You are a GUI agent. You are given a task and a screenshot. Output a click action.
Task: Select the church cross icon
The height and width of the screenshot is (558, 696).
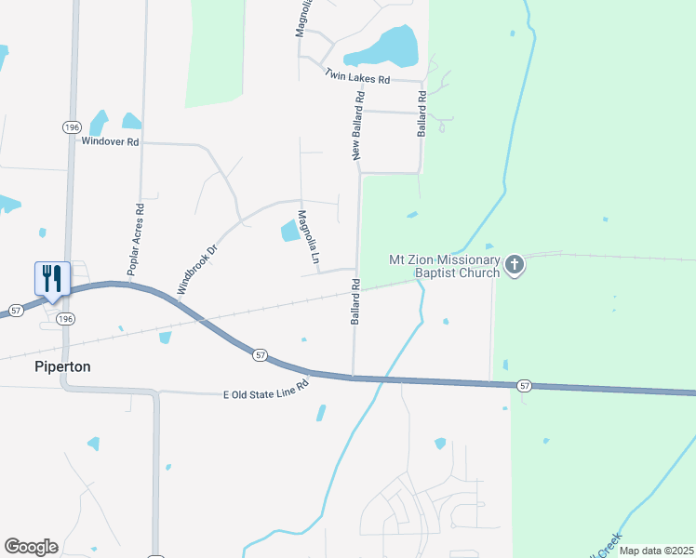point(514,267)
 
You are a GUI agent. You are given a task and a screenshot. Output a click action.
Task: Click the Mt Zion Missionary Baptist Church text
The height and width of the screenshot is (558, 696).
point(444,267)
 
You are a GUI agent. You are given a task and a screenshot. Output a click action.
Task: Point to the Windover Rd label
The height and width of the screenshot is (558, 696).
point(110,141)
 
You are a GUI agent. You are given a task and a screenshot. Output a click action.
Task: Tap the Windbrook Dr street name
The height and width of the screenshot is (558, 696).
point(196,269)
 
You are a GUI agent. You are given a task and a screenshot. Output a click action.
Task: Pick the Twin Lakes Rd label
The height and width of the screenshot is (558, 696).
point(357,77)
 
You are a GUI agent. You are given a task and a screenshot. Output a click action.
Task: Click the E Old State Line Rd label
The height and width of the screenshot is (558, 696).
point(265,388)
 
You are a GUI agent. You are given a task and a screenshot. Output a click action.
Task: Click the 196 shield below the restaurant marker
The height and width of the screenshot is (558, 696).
point(64,318)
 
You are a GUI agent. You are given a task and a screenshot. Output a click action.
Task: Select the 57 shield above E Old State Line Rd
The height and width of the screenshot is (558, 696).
point(260,354)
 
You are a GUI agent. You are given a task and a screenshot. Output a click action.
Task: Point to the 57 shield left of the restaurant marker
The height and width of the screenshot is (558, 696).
point(15,310)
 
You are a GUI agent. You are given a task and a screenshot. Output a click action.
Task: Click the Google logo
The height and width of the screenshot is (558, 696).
point(31,547)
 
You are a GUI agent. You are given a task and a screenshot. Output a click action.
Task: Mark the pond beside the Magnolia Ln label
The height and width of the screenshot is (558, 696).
point(288,230)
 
